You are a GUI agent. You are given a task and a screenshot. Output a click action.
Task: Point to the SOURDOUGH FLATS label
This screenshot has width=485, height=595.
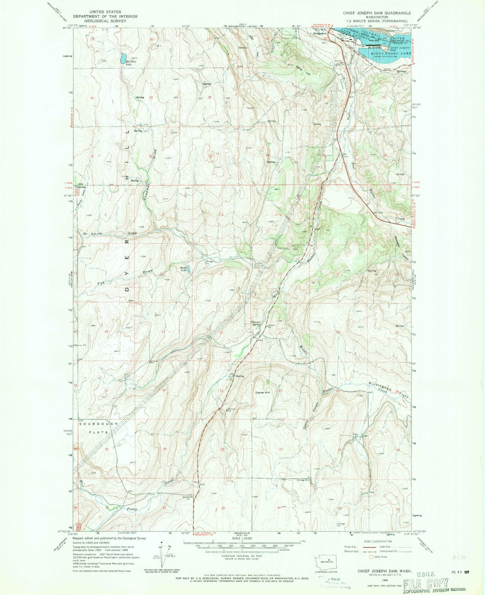pos(99,428)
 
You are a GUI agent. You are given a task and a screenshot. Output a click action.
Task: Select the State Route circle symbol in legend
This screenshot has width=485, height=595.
pos(371,557)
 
